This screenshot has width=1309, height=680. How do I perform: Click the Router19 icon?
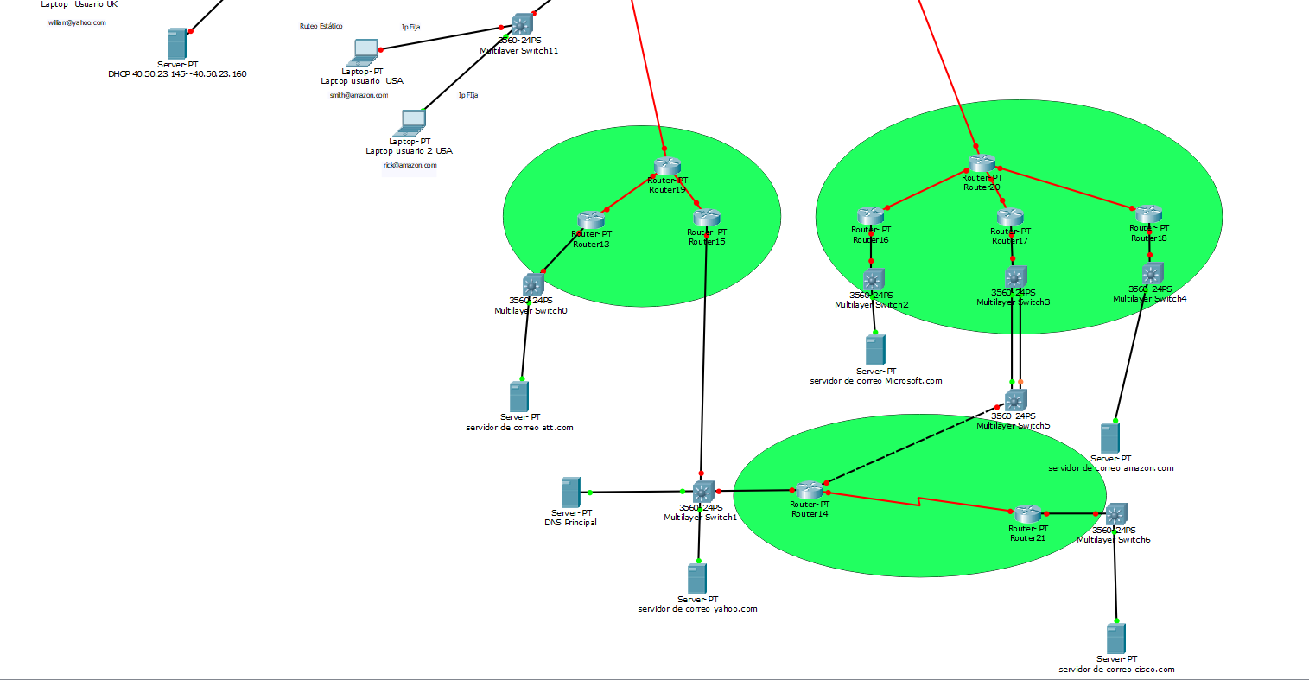(x=667, y=166)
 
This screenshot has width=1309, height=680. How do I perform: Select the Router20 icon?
(x=982, y=163)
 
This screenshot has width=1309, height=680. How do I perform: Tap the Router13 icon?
(x=591, y=220)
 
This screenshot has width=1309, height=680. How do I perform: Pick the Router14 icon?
(x=810, y=490)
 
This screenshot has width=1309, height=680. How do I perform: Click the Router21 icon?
(x=1027, y=514)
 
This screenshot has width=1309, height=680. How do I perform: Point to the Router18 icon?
(x=1148, y=214)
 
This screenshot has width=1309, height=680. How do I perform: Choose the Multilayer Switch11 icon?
(x=520, y=24)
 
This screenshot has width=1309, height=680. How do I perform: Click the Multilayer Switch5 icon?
(x=1015, y=400)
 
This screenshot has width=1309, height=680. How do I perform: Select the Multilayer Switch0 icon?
(x=532, y=284)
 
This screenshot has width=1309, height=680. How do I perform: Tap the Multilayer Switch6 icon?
(x=1115, y=514)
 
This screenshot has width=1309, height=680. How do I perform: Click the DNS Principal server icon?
(x=570, y=493)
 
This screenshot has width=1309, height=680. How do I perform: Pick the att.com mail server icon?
(x=518, y=397)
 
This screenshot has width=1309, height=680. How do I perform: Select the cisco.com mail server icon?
(x=1116, y=639)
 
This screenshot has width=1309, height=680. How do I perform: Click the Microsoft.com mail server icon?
(x=875, y=350)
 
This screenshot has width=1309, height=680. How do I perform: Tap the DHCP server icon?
(x=176, y=44)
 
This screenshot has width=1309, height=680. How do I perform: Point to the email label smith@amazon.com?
(x=359, y=95)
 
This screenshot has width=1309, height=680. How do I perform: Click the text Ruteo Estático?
(x=321, y=27)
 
